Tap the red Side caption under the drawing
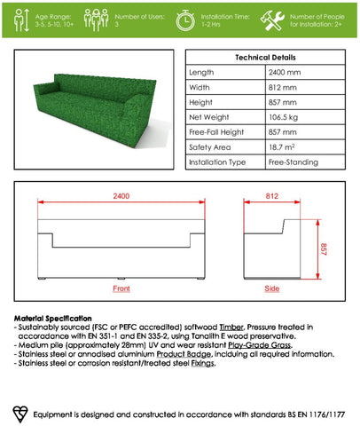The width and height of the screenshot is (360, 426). pyautogui.click(x=271, y=289)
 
